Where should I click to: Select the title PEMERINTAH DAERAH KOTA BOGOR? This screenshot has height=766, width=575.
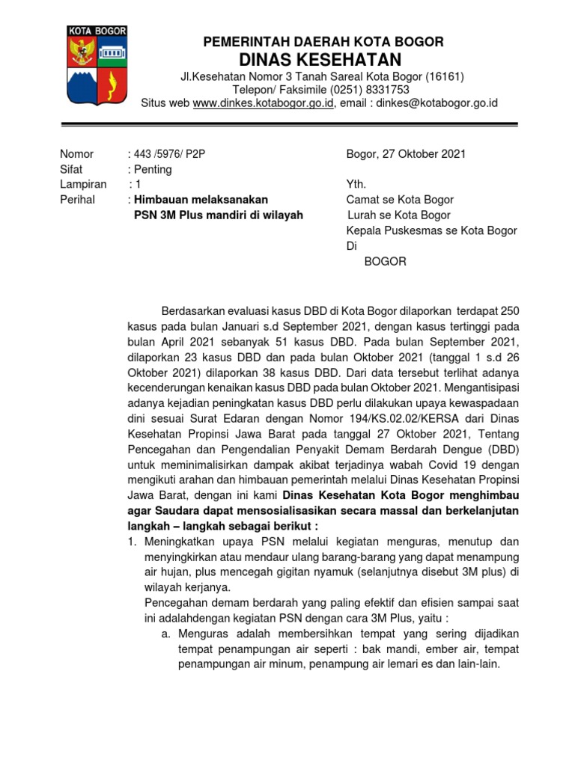click(323, 42)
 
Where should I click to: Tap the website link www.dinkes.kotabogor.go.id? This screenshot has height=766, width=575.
click(263, 103)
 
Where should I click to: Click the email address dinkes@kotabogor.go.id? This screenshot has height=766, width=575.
click(436, 103)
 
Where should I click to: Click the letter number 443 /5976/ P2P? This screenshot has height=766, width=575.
click(168, 154)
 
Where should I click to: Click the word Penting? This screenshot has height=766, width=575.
click(152, 169)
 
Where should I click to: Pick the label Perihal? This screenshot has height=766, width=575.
click(77, 200)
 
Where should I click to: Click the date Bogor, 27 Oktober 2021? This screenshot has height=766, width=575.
click(406, 154)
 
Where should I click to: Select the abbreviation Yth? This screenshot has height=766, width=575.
click(356, 184)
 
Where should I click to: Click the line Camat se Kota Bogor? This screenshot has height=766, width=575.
click(399, 200)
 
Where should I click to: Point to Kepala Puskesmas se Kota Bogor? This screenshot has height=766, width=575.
click(431, 230)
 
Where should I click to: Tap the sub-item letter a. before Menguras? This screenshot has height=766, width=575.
click(166, 633)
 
